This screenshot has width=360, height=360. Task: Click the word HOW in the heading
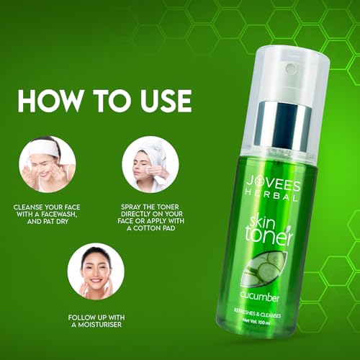coord(50,101)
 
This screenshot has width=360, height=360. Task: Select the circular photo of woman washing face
coord(48,164)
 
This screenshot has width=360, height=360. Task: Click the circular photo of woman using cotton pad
coord(150,164)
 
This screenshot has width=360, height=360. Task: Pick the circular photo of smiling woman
coord(96,271)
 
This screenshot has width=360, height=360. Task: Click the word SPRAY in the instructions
coord(131,207)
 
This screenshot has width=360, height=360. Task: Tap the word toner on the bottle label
coord(269,237)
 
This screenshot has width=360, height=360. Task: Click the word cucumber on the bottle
coord(260,297)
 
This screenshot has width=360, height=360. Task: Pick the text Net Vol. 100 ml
coord(256,321)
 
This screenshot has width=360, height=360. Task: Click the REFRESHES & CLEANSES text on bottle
coord(257,313)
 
